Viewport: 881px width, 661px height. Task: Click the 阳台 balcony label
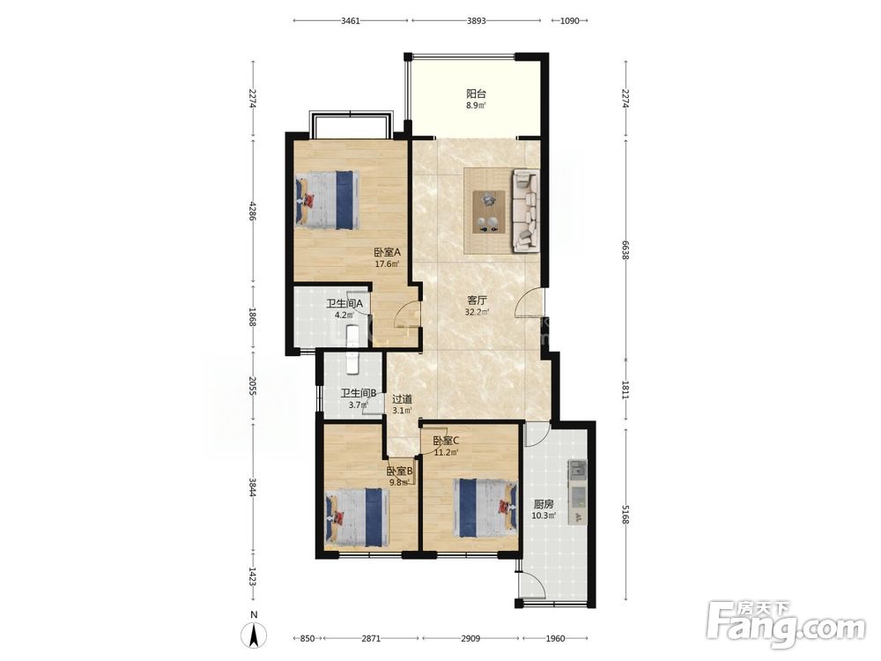476,94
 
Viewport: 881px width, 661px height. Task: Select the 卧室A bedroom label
387,252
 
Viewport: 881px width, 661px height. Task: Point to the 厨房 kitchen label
544,504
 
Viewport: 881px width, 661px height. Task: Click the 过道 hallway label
402,399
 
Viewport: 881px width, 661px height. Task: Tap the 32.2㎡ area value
477,313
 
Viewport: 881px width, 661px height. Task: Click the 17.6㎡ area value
387,264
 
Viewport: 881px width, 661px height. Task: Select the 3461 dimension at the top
351,21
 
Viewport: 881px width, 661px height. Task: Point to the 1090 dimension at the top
570,21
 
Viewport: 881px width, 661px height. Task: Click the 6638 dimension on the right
626,249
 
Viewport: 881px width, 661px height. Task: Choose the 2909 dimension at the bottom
470,638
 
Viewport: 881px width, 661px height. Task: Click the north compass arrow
254,635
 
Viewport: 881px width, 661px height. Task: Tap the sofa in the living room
525,211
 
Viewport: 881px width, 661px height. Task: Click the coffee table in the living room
488,212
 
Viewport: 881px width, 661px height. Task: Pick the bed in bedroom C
485,508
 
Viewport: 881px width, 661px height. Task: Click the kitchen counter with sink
577,493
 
